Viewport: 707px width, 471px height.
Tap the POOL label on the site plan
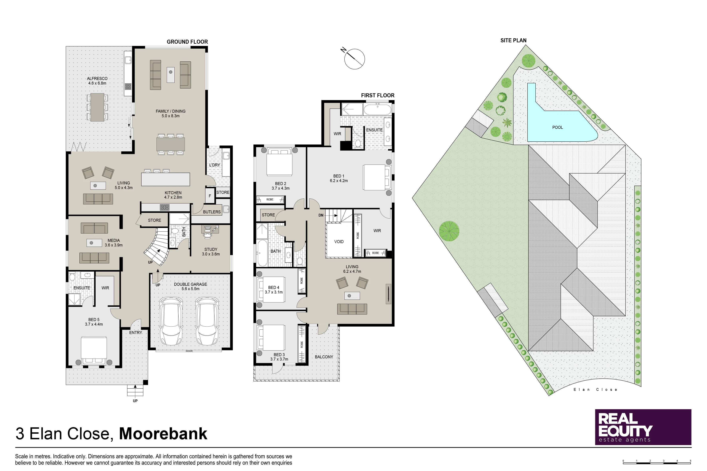point(557,127)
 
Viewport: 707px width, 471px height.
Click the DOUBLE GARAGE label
point(190,284)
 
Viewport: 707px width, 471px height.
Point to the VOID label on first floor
point(339,241)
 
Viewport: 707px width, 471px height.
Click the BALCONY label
point(324,357)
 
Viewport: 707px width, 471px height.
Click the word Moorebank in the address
point(163,434)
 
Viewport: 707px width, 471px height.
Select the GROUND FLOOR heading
point(187,42)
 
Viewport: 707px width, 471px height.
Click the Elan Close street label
point(595,390)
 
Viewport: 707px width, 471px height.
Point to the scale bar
point(657,462)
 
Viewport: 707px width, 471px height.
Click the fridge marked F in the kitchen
point(210,196)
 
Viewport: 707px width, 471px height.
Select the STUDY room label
point(211,249)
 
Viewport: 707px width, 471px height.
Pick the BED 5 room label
point(94,320)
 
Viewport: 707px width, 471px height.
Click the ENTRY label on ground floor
point(135,333)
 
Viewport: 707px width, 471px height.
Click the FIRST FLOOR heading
point(378,96)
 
